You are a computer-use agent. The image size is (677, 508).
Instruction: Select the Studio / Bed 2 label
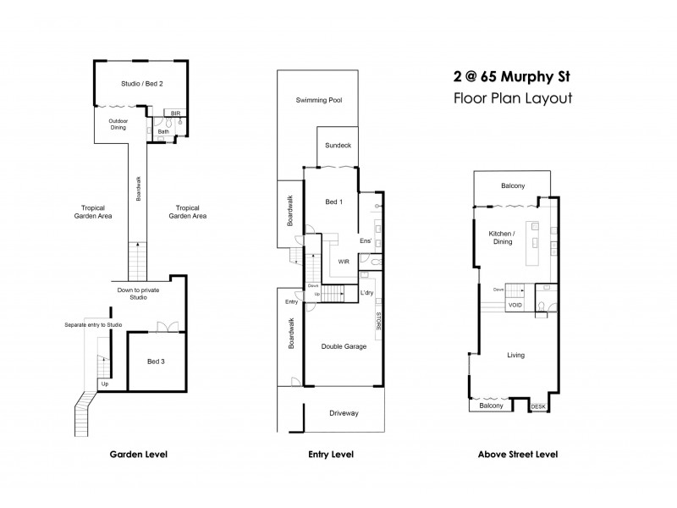141,83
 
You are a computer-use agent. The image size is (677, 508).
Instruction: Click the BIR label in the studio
176,113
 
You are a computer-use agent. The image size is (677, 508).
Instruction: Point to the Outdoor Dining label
117,124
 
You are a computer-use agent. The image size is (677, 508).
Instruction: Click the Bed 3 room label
156,362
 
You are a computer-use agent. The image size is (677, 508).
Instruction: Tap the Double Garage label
343,346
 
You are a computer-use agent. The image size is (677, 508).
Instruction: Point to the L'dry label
367,292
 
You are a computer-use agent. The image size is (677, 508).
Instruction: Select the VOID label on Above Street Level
515,305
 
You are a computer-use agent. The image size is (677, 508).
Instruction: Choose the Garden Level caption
139,455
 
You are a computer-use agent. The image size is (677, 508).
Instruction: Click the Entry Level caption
331,455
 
